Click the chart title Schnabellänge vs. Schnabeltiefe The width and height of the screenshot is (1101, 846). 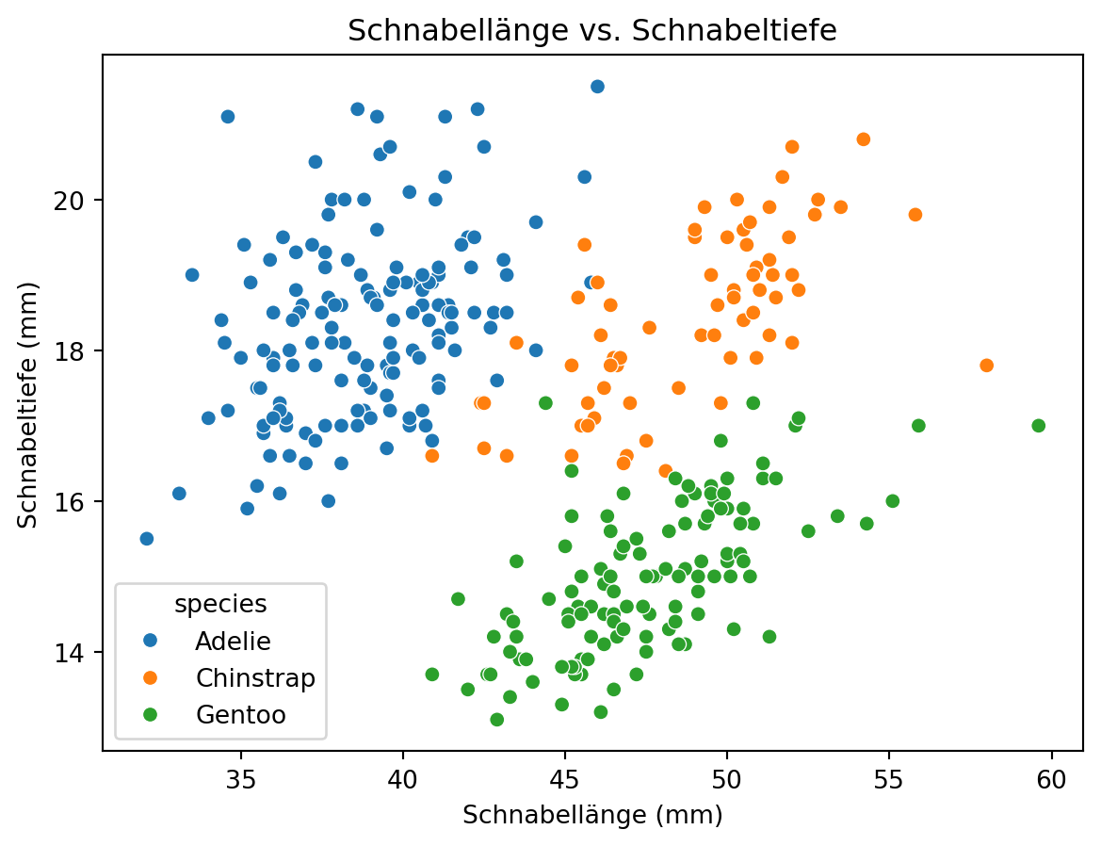pos(592,31)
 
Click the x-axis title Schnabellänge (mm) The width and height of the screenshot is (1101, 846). pos(592,816)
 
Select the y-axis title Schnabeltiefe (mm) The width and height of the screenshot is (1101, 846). pos(29,402)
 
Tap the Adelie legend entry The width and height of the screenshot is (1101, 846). pos(233,642)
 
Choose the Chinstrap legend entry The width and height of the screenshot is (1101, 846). pos(254,678)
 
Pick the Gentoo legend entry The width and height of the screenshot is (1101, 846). pos(240,715)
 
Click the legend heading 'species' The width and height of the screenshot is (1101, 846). pos(220,604)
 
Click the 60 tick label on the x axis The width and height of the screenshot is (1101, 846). pos(1052,781)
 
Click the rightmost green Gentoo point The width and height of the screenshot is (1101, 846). pos(1039,426)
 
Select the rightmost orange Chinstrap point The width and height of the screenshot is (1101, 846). pos(987,366)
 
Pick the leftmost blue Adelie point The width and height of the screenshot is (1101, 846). pos(147,539)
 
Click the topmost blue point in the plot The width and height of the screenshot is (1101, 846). pos(597,87)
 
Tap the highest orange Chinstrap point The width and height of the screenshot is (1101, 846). pos(864,139)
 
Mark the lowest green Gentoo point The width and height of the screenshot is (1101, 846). pos(497,720)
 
